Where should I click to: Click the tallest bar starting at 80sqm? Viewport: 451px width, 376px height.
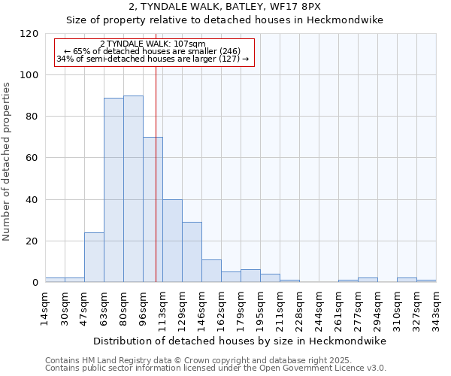pyautogui.click(x=133, y=190)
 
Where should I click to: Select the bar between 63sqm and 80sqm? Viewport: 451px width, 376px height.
pyautogui.click(x=114, y=190)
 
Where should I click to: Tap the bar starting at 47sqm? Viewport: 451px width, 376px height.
pyautogui.click(x=94, y=257)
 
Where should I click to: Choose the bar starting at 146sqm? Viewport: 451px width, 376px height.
pyautogui.click(x=211, y=271)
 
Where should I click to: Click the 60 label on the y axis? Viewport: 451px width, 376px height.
pyautogui.click(x=32, y=158)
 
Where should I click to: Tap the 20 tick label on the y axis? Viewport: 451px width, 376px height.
pyautogui.click(x=32, y=241)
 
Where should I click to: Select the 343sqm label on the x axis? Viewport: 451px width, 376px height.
pyautogui.click(x=437, y=308)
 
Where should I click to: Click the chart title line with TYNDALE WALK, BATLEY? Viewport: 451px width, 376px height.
pyautogui.click(x=225, y=7)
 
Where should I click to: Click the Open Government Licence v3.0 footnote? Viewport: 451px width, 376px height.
pyautogui.click(x=216, y=368)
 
